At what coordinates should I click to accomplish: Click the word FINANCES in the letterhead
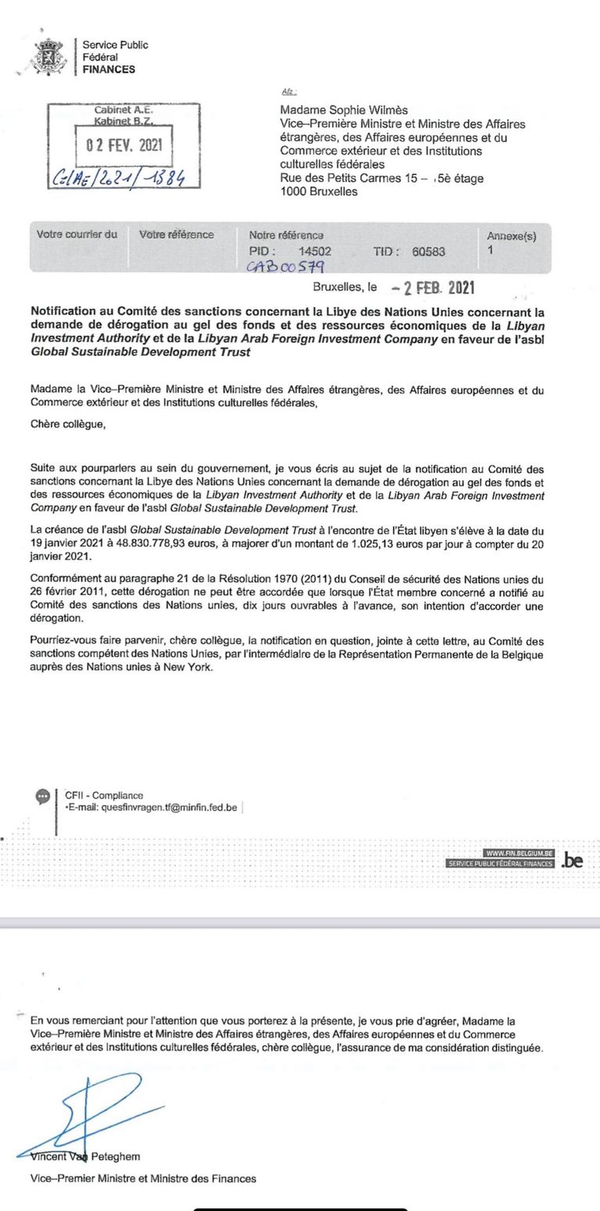click(x=109, y=69)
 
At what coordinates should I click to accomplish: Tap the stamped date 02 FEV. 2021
click(x=123, y=145)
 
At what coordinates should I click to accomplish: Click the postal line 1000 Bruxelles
click(x=319, y=191)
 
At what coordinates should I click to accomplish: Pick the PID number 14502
click(x=315, y=251)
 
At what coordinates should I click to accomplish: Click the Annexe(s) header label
click(x=511, y=236)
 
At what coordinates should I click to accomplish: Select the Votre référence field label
click(x=177, y=234)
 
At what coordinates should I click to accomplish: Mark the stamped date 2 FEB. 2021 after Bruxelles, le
click(x=445, y=287)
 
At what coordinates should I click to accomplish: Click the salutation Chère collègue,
click(x=67, y=425)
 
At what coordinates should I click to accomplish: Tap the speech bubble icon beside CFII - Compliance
click(x=43, y=796)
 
